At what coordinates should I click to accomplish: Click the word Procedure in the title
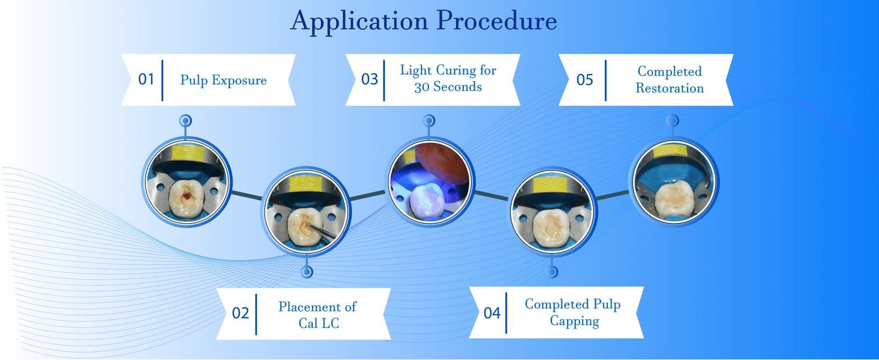coord(497,21)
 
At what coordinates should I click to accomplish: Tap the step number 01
coord(146,80)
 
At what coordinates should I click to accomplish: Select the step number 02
coord(241,313)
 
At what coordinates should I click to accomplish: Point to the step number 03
coord(370,80)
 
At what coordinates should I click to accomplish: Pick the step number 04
coord(492,313)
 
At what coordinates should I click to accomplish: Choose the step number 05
coord(585,80)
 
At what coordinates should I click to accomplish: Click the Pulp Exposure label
coord(223,80)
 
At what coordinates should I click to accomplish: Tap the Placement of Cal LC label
coord(318,314)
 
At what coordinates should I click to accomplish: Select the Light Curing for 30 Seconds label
coord(448,79)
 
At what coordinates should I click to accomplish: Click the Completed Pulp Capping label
coord(572,312)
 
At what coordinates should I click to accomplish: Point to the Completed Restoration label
coord(669,80)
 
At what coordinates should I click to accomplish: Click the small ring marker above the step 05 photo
coord(672,120)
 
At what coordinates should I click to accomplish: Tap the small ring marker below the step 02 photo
coord(307,272)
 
